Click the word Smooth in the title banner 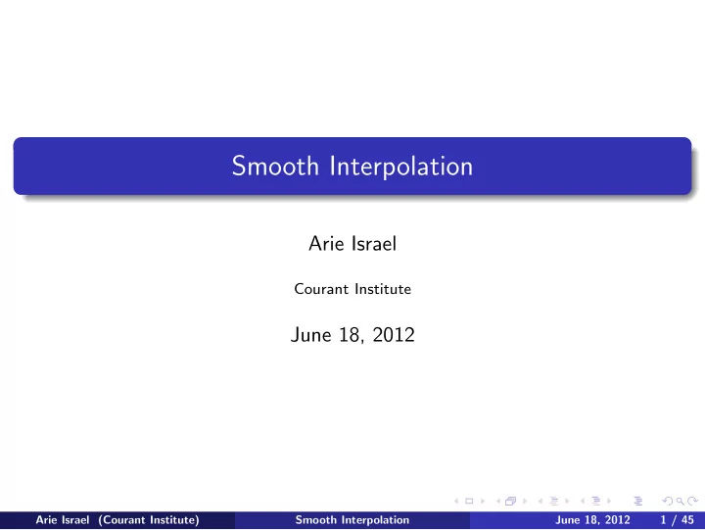coord(275,166)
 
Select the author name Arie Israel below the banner coord(352,243)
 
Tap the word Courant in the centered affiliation coord(321,289)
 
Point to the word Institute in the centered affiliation coord(383,289)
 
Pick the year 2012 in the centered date coord(394,335)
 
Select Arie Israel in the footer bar coord(62,519)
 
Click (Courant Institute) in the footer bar coord(149,520)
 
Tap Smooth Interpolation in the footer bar coord(352,520)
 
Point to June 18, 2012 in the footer coord(592,520)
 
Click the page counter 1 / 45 coord(677,520)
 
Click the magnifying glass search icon coord(681,501)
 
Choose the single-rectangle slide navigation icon coord(469,501)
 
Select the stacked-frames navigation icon coord(510,501)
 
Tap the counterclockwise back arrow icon coord(668,501)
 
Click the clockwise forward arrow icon coord(693,501)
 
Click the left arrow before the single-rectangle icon coord(456,501)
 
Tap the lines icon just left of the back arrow coord(637,501)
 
